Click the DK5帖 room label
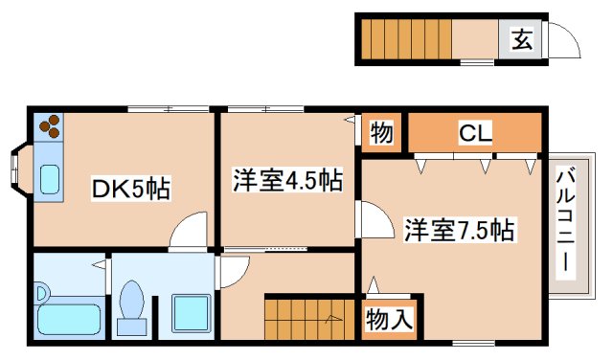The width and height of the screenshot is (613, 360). (130, 189)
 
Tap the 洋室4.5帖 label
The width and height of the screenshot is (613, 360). (288, 178)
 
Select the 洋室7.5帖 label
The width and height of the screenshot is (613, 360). (459, 230)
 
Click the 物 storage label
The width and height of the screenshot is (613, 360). (381, 132)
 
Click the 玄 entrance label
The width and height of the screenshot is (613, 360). (521, 40)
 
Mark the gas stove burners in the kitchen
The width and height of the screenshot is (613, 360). (49, 126)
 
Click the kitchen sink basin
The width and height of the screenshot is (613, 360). (49, 178)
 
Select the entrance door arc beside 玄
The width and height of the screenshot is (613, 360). (562, 43)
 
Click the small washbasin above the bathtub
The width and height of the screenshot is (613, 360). (42, 290)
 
